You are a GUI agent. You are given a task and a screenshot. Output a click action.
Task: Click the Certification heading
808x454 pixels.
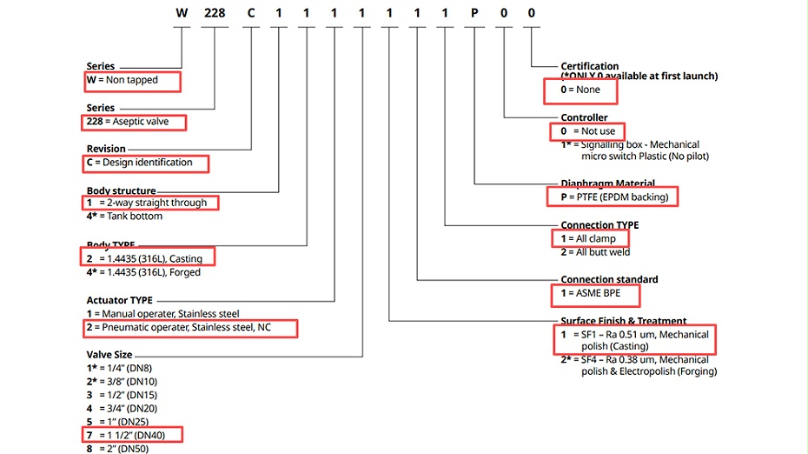[590, 66]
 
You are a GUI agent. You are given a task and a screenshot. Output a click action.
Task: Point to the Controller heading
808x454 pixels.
[585, 117]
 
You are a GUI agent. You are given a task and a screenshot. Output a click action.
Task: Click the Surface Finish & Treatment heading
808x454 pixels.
[624, 321]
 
